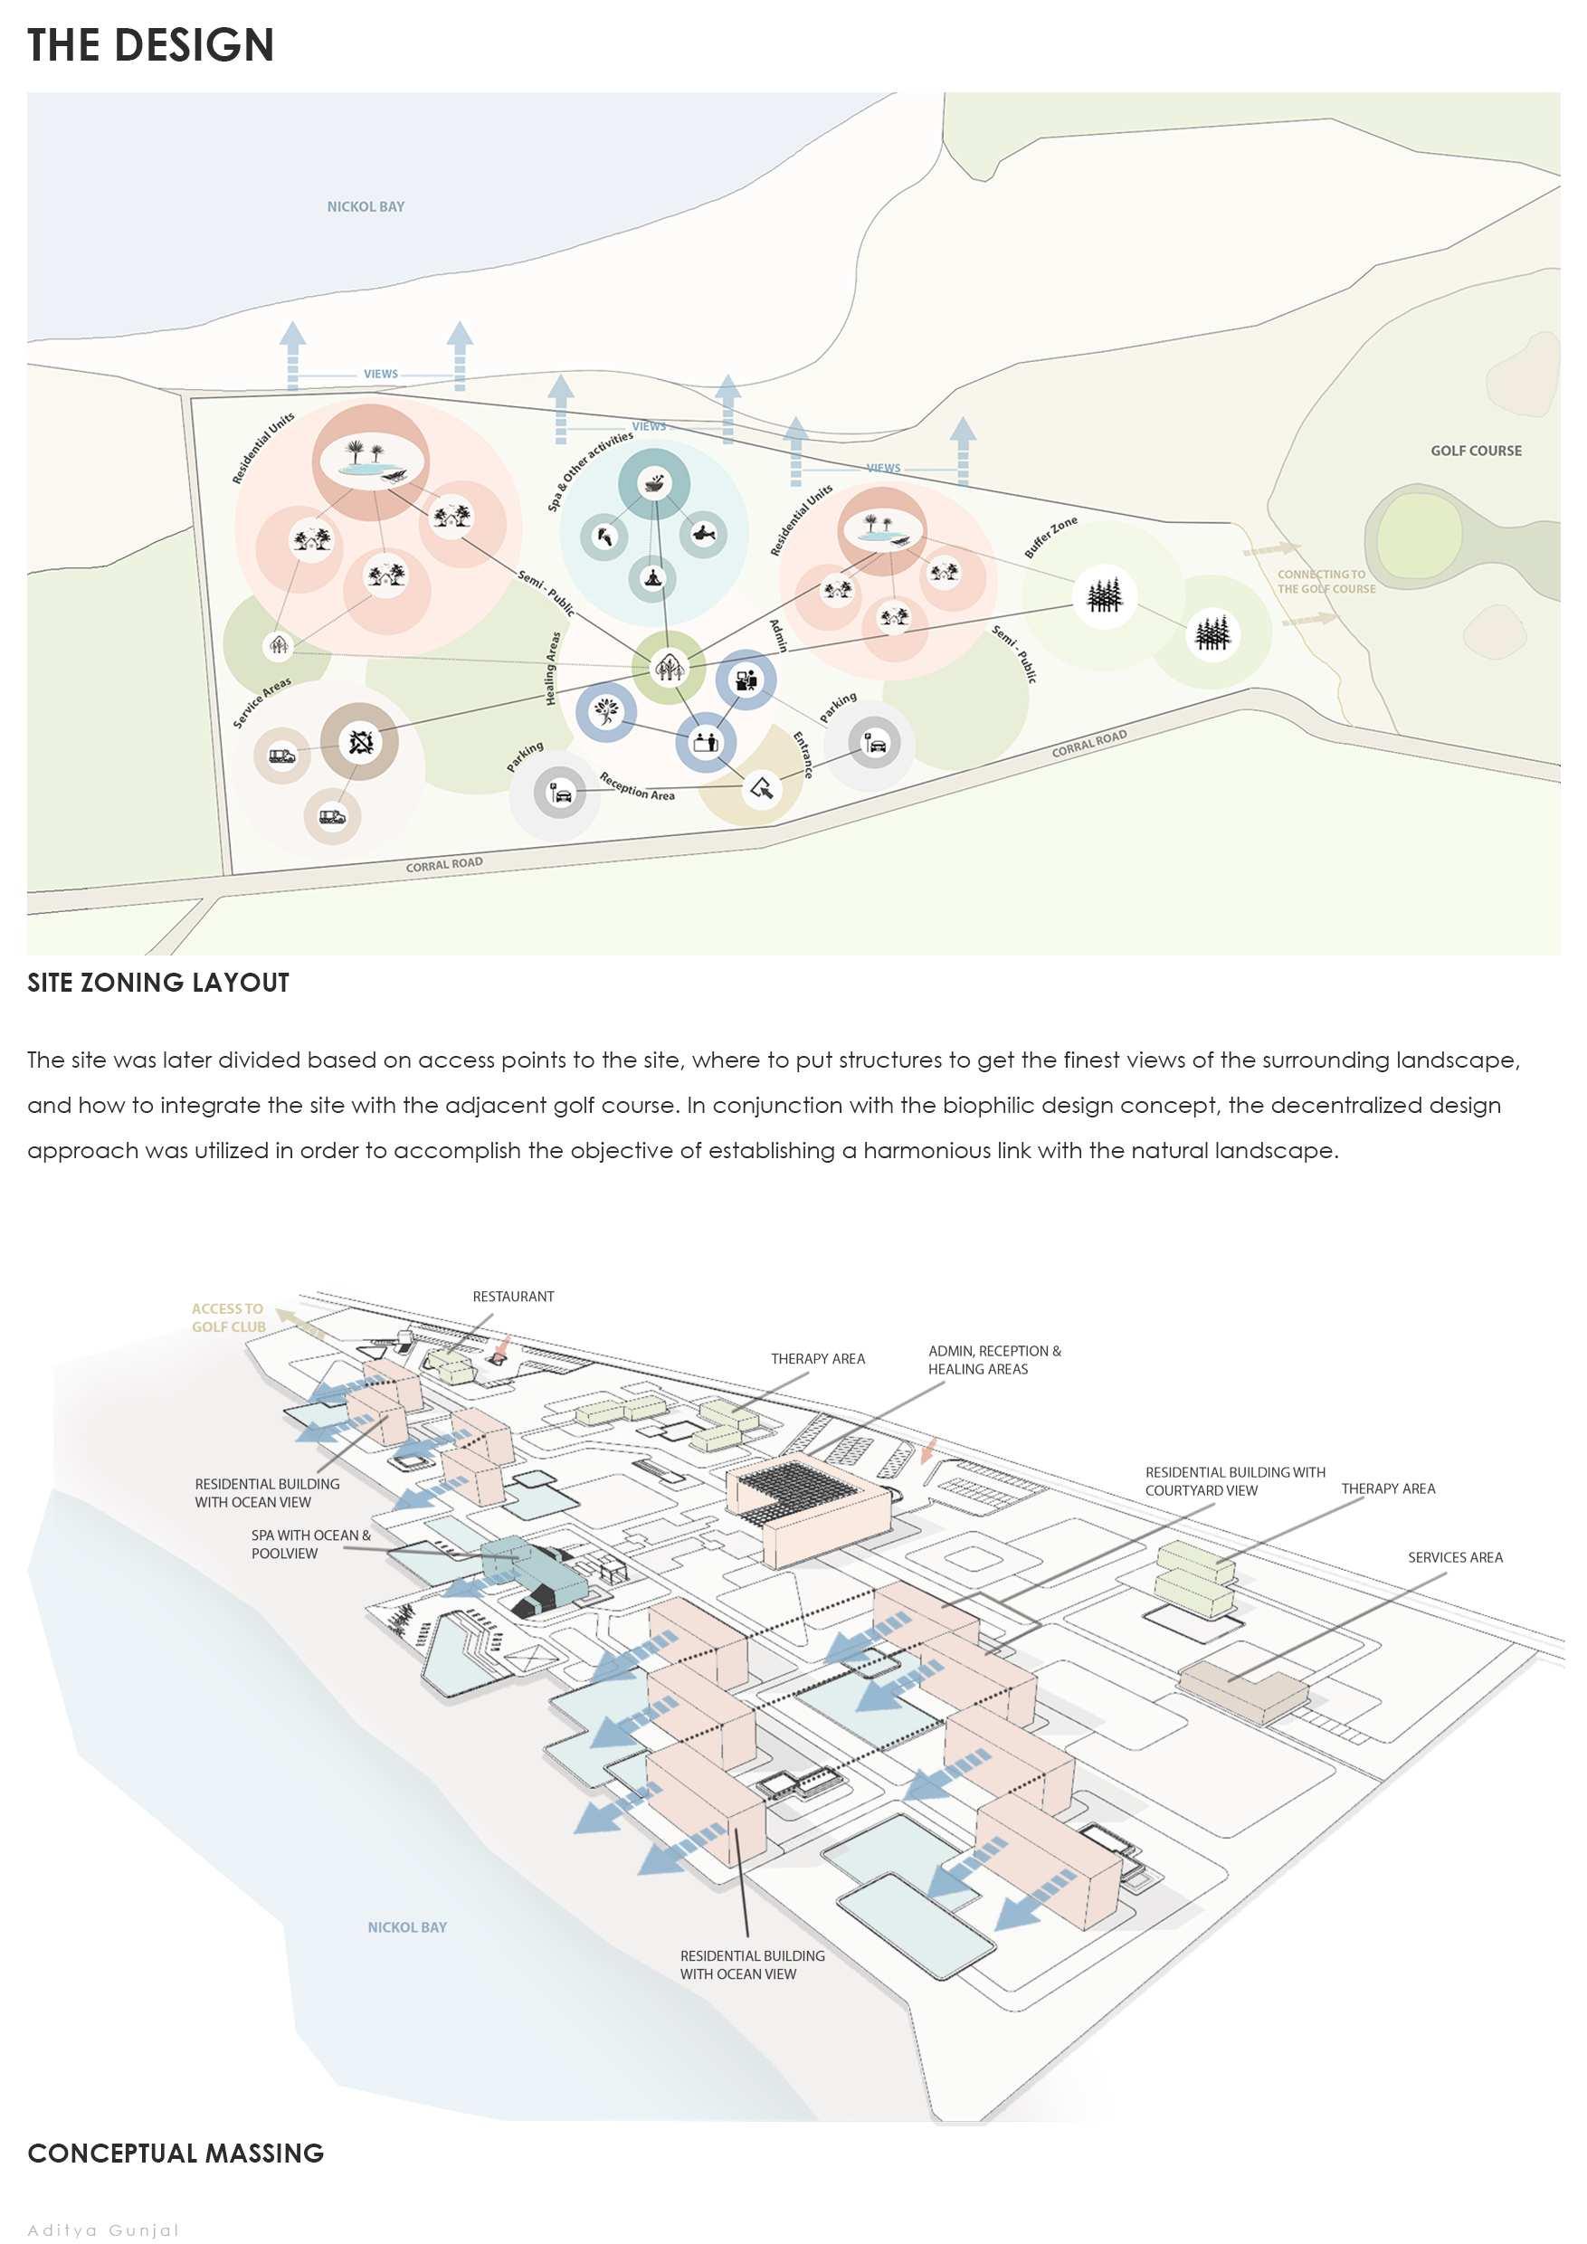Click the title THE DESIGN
[150, 46]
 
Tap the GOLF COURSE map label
[1476, 451]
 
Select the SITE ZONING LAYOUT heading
[158, 983]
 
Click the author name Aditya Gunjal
[103, 2230]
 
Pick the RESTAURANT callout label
[513, 1296]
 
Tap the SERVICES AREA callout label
[1455, 1557]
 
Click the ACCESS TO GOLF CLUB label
[229, 1317]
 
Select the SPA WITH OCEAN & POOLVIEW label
[310, 1545]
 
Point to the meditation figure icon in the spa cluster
[651, 578]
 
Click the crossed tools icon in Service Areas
[361, 743]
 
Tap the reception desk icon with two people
[705, 741]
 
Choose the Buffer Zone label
[1050, 537]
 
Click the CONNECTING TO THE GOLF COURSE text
[1326, 582]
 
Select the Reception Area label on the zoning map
[637, 787]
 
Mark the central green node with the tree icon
[669, 668]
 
